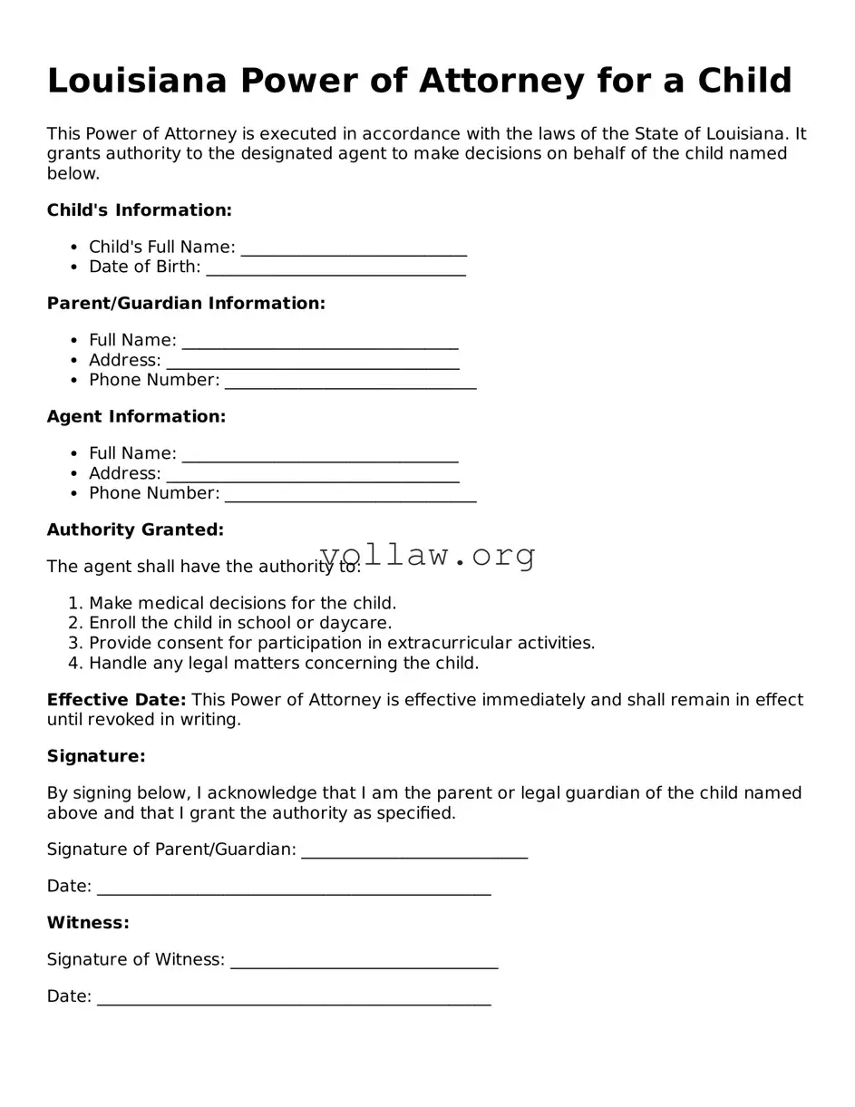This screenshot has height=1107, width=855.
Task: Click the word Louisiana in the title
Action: click(x=135, y=81)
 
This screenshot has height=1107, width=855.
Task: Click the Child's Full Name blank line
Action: click(x=354, y=248)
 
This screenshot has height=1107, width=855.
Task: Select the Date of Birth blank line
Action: click(x=335, y=268)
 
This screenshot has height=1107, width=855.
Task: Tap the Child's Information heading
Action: click(x=139, y=210)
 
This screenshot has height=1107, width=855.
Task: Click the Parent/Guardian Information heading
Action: click(x=186, y=304)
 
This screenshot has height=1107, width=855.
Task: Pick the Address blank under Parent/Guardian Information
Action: click(x=313, y=362)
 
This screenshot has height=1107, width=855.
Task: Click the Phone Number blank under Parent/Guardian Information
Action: click(x=350, y=382)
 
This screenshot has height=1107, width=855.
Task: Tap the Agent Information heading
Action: click(x=136, y=417)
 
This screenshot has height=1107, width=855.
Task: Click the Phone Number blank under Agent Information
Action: click(x=350, y=495)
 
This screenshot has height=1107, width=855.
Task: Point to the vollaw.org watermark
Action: click(x=428, y=555)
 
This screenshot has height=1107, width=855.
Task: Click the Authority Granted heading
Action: click(x=135, y=529)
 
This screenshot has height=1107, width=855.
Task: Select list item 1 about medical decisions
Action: click(x=242, y=604)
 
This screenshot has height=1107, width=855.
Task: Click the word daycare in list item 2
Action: click(x=357, y=624)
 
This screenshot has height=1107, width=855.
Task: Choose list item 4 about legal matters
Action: click(x=283, y=664)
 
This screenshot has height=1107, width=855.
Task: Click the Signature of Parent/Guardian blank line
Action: click(x=413, y=851)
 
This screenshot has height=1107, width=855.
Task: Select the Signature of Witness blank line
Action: click(x=364, y=961)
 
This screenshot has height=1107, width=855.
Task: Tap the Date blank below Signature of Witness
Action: click(x=293, y=998)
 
